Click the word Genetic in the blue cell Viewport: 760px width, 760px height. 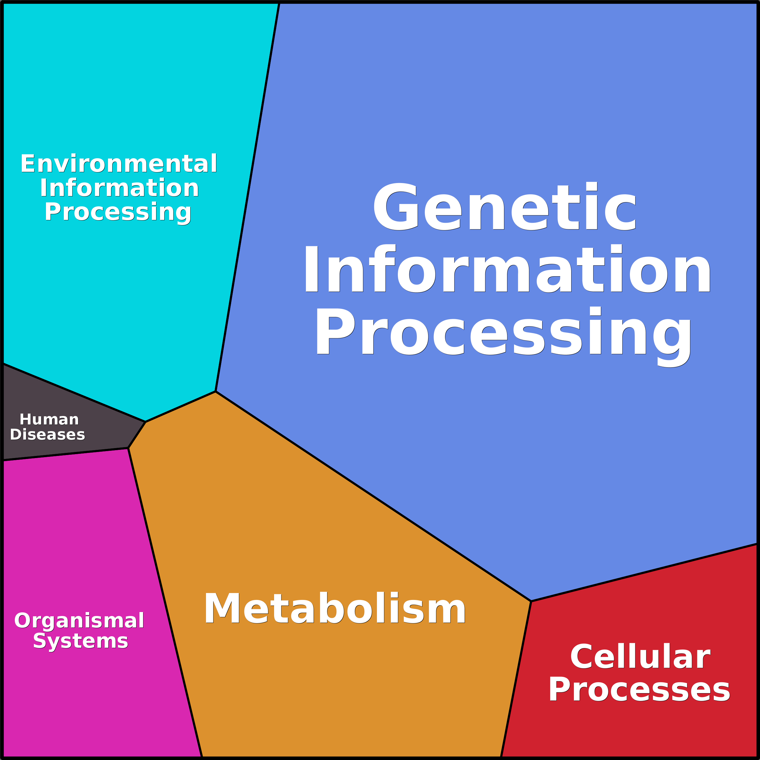[504, 206]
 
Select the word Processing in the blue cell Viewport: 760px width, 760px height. [503, 337]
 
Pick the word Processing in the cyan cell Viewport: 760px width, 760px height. [118, 213]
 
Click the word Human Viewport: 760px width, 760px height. [49, 419]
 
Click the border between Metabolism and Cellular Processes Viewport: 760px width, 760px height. [516, 679]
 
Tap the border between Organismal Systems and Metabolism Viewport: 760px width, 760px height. [165, 603]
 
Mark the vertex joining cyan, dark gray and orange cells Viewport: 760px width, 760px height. [146, 422]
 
